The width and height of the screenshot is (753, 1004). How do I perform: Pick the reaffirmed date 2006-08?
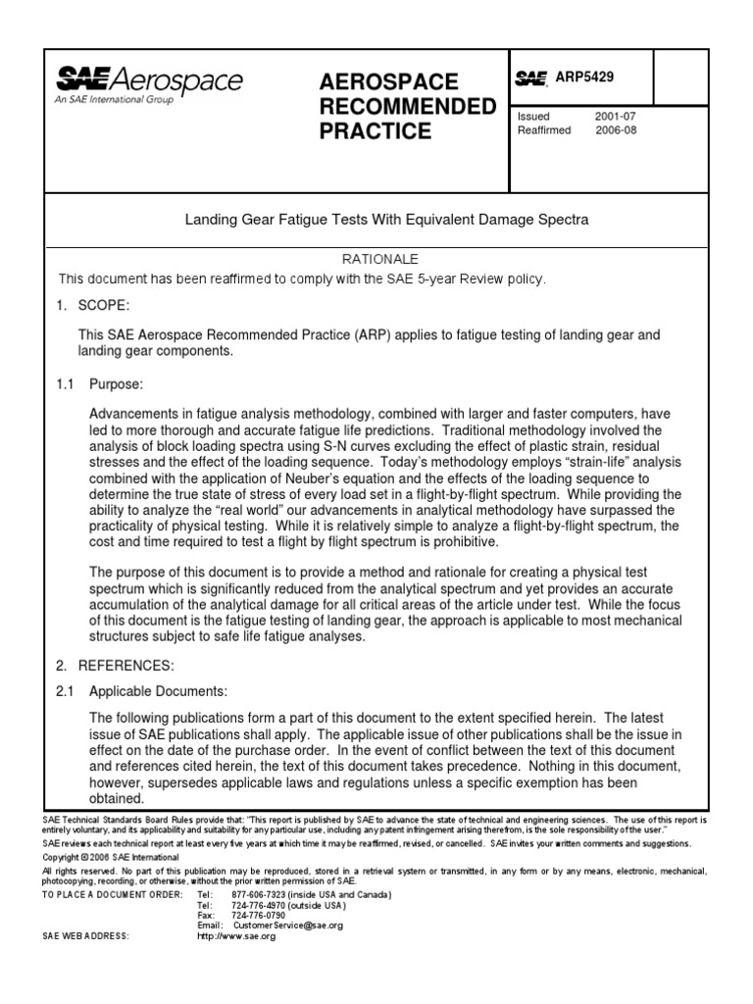(x=615, y=130)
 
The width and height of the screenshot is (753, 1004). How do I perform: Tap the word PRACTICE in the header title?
(x=376, y=131)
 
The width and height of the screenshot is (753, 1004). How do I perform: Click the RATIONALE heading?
(x=379, y=259)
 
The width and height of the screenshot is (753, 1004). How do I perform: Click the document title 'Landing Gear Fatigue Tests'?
(x=386, y=221)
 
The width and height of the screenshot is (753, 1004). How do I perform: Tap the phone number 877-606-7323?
(x=258, y=895)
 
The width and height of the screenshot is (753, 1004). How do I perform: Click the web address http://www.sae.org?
(x=236, y=936)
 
